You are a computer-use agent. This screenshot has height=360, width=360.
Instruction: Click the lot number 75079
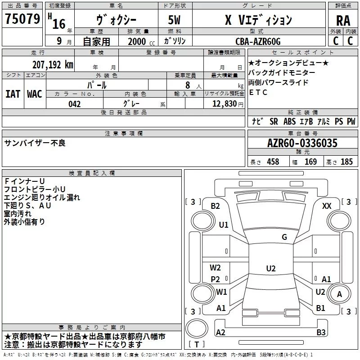22,19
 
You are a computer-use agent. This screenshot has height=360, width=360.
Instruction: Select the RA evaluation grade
343,21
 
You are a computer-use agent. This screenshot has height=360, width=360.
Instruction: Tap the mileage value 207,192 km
53,65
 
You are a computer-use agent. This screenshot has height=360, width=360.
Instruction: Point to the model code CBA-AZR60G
258,41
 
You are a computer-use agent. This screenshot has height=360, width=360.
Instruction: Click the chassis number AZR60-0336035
302,143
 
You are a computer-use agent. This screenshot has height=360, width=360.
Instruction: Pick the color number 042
74,104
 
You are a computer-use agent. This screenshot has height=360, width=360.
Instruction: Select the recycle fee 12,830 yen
228,104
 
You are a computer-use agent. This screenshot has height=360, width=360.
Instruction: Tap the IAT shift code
13,94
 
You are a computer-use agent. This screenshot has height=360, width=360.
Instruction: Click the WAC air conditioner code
35,94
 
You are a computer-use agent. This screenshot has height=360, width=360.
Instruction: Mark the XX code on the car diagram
327,206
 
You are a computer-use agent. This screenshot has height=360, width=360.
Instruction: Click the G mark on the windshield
284,237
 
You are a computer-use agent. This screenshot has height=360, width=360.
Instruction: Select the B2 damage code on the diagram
215,206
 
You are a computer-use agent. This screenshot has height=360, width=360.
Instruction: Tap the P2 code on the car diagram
215,279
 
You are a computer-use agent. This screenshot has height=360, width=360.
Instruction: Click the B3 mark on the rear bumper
321,332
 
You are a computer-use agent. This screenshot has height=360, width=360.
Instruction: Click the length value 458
273,162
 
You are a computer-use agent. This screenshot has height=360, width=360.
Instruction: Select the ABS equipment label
289,121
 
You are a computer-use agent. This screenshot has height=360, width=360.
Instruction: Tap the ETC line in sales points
258,92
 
